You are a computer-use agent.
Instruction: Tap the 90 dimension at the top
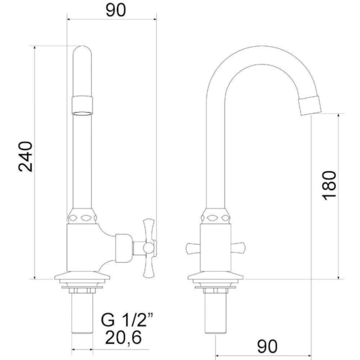111,11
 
